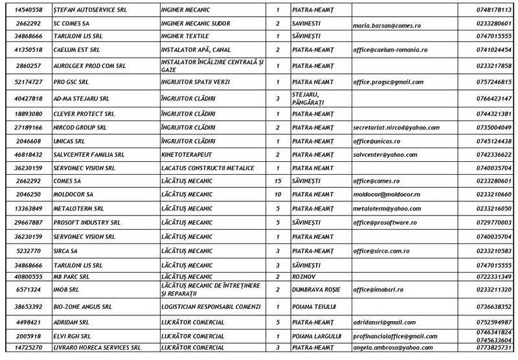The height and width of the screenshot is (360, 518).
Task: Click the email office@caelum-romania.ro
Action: (390, 50)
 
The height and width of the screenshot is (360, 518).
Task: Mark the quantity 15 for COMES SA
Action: (277, 182)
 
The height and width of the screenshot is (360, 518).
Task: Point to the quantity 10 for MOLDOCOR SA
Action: (277, 195)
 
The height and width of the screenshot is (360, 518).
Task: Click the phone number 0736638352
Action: (493, 306)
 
